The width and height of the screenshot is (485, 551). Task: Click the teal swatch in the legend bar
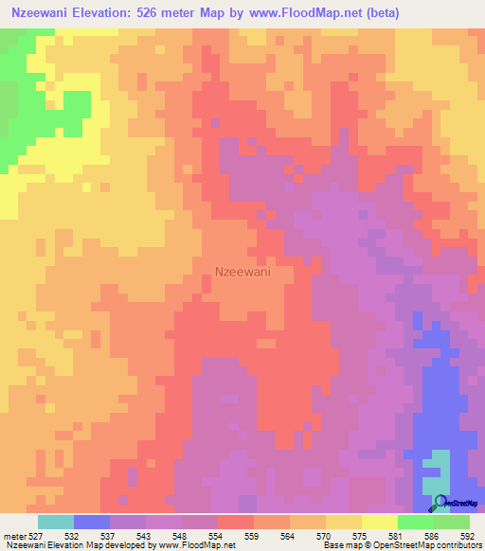[56, 522]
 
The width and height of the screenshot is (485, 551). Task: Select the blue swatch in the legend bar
[92, 522]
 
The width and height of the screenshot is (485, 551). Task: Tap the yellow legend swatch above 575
[344, 522]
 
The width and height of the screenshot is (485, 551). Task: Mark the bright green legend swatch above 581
[416, 522]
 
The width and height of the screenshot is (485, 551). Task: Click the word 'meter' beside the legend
[13, 535]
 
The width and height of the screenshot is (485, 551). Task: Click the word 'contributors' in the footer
[454, 545]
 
